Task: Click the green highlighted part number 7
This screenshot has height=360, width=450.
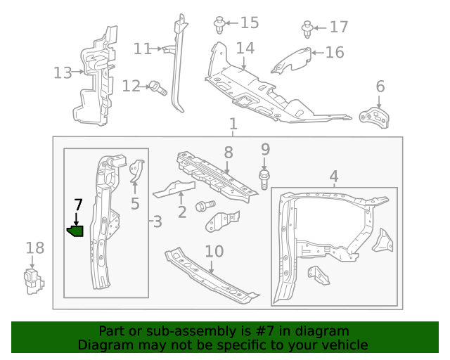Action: (x=75, y=231)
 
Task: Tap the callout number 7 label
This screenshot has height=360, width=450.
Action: (x=78, y=205)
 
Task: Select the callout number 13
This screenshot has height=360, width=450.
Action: (x=63, y=72)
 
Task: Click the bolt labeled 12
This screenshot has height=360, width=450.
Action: (x=156, y=87)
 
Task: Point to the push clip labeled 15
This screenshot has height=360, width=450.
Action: (x=219, y=25)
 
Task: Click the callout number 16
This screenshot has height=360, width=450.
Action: (x=335, y=52)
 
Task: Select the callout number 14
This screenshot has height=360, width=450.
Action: (x=245, y=49)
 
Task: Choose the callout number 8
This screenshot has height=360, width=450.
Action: (x=229, y=152)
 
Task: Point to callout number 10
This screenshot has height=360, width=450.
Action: (x=214, y=251)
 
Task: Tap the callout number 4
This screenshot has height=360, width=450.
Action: (x=334, y=176)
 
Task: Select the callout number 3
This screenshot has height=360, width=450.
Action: (x=157, y=222)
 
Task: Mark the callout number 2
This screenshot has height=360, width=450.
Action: (x=181, y=211)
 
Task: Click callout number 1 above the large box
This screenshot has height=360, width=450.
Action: (x=233, y=124)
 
